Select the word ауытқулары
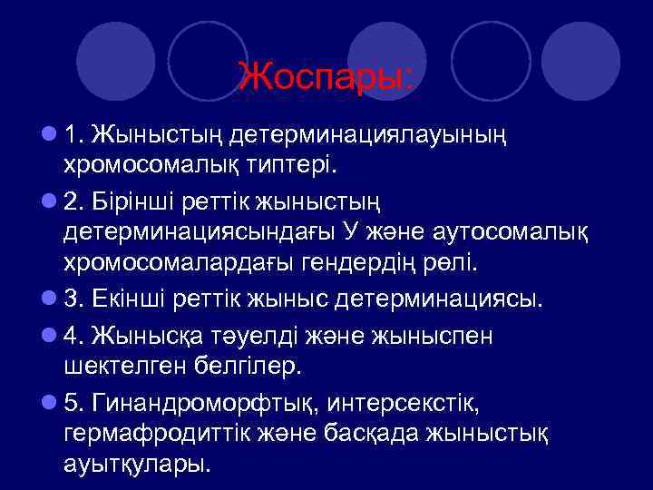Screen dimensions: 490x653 [136, 464]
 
